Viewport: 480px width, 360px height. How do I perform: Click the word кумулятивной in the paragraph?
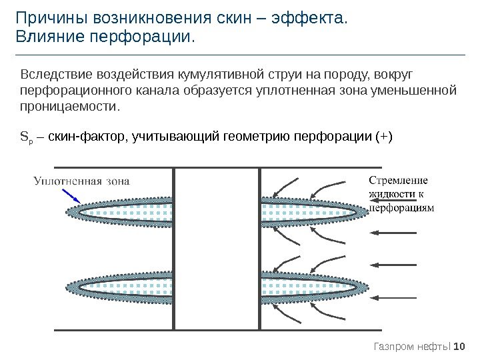[x=205, y=73]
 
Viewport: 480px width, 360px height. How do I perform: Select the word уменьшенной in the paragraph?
[x=417, y=89]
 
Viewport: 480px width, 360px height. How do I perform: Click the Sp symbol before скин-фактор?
[x=25, y=138]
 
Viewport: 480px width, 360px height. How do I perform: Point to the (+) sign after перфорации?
[x=385, y=137]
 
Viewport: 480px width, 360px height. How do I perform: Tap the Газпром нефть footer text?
[x=412, y=346]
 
